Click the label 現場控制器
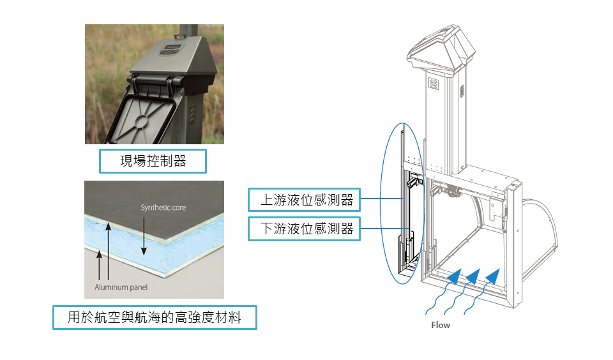coord(153,161)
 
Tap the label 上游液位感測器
coord(307,200)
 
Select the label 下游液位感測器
coord(307,229)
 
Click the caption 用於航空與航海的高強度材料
coord(155,317)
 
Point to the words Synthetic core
coord(163,207)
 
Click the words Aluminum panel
coord(121,287)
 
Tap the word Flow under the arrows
coord(441,325)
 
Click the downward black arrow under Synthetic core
coord(144,236)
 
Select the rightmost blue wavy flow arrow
coord(483,291)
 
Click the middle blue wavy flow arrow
coord(464,291)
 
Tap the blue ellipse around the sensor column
coord(381,203)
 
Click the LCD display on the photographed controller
coord(172,47)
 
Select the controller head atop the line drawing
coord(441,49)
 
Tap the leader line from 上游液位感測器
coord(382,199)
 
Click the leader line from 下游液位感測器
coord(384,229)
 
